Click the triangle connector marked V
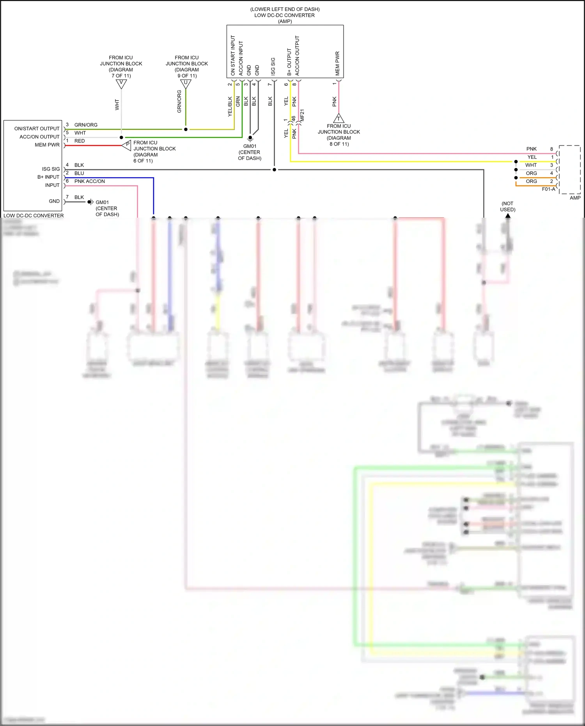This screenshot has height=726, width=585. [x=121, y=83]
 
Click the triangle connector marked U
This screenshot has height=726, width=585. [x=186, y=83]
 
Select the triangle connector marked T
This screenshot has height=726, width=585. [x=339, y=118]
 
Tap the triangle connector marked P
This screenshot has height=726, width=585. [x=127, y=145]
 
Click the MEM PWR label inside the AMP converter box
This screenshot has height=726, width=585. [x=337, y=63]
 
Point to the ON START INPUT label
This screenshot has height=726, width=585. [x=233, y=55]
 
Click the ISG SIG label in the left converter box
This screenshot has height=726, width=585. [x=51, y=169]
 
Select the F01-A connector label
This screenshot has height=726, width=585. [x=548, y=189]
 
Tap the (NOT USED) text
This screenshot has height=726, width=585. [x=507, y=206]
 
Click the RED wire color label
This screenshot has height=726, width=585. [x=80, y=141]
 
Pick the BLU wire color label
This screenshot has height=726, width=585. [x=79, y=173]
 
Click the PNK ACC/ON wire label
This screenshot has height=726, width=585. [x=90, y=181]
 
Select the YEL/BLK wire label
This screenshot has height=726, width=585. [x=230, y=107]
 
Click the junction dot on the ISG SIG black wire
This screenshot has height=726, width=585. [x=274, y=170]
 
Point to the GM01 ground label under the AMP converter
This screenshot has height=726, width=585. [x=250, y=146]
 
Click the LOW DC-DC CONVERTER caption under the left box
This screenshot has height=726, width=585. [x=34, y=215]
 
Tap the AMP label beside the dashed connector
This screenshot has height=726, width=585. [x=575, y=198]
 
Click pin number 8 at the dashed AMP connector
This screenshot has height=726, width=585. [x=551, y=149]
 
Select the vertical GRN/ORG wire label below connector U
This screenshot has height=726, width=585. [x=179, y=101]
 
